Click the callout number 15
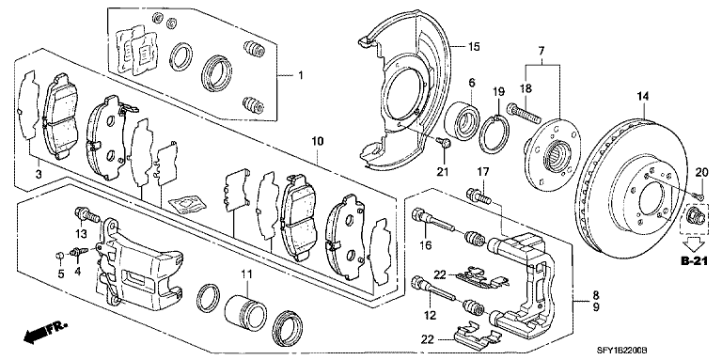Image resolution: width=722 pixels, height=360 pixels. coord(474,46)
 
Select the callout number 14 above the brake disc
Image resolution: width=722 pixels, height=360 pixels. coord(643,96)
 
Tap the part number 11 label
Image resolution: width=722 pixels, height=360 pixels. coord(247,274)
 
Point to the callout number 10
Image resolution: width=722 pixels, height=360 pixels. coord(318,140)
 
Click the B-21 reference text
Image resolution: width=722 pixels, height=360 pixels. coord(694,262)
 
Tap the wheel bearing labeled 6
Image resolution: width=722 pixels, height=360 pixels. coord(461,118)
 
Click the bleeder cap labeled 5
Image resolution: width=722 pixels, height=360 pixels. coord(59,256)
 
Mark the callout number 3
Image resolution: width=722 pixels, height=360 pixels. coord(39,174)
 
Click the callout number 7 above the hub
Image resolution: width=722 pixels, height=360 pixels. coord(541,50)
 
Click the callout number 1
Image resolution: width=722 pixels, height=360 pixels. coord(300,75)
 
